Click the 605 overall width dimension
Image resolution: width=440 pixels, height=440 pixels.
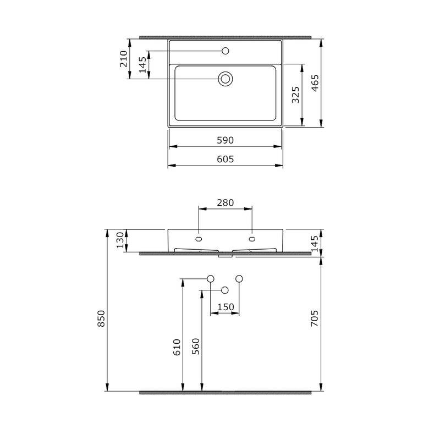pos(225,159)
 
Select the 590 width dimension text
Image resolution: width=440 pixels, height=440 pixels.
pos(225,141)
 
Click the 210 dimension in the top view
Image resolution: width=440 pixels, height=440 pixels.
pos(123,59)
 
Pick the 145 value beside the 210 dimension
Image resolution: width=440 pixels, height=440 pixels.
pos(142,65)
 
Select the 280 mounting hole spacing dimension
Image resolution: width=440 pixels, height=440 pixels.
pos(225,203)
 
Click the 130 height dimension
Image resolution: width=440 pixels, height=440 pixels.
pos(120,240)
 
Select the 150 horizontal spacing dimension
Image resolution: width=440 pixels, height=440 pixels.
pos(226,307)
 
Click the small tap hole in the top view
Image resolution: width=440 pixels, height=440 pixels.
pos(225,51)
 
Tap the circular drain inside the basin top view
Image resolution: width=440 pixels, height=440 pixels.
pos(225,79)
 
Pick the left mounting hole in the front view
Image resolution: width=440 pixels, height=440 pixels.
pos(199,239)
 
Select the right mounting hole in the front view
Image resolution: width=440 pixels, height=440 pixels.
pos(252,239)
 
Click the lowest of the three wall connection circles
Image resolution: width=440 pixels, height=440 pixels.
pos(224,290)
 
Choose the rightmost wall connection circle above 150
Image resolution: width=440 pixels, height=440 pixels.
pos(239,279)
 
